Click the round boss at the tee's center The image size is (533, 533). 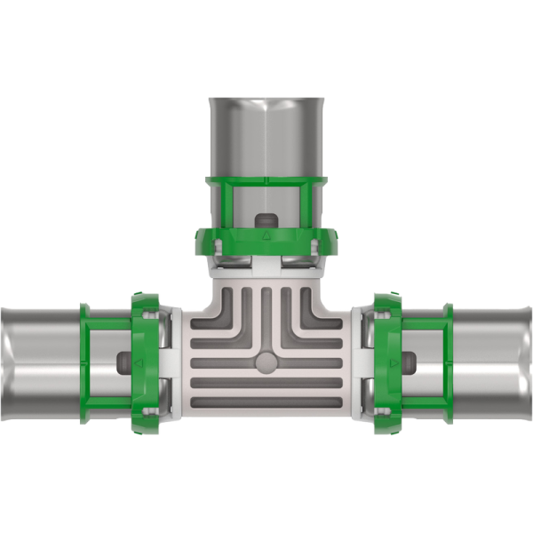(x=266, y=363)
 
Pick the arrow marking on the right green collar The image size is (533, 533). (x=392, y=365)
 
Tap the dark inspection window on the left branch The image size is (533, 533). (x=123, y=364)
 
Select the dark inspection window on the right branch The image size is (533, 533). (x=409, y=364)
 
